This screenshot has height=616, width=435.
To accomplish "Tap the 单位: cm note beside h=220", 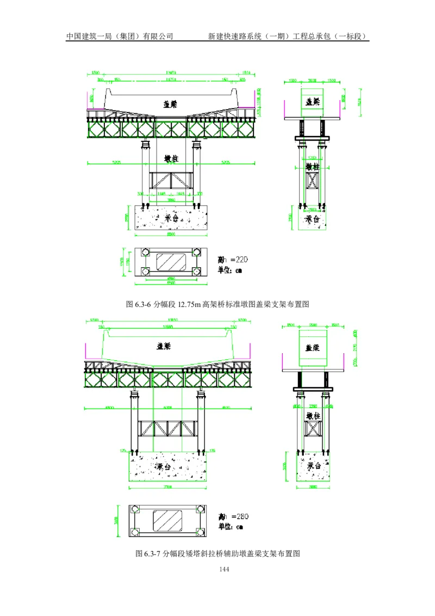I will [230, 269].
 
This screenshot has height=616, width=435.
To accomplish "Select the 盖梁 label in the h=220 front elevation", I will [171, 103].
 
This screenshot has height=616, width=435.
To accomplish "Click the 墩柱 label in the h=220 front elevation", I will [171, 159].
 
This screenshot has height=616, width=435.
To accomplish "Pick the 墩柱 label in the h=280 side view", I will [313, 416].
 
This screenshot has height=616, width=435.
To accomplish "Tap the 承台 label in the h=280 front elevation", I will [163, 467].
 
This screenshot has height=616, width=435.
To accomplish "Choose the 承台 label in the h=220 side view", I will [312, 219].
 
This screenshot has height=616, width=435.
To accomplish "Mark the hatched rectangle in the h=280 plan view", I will [168, 520].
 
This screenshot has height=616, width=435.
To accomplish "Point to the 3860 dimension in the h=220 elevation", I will [171, 200].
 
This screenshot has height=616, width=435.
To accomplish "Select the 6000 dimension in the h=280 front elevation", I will [167, 407].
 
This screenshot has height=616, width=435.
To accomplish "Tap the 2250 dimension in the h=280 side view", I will [313, 406].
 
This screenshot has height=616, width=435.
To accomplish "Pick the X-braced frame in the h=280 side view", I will [313, 430].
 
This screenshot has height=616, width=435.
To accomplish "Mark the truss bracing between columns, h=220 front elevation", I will [171, 180].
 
